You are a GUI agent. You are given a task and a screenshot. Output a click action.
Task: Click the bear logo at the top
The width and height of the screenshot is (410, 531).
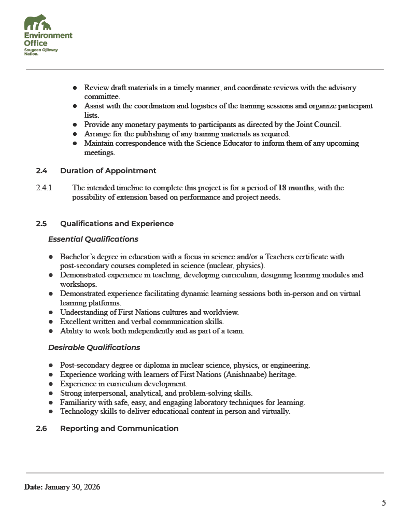pos(38,23)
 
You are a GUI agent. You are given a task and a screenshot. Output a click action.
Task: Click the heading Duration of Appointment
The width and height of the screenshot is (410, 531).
pos(108,171)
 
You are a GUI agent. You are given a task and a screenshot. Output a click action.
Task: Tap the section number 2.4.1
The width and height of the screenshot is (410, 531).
pos(44,188)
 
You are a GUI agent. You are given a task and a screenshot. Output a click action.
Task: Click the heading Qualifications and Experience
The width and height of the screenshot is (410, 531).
pos(117,223)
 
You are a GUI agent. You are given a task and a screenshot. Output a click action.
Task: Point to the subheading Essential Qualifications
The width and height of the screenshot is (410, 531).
pos(93,239)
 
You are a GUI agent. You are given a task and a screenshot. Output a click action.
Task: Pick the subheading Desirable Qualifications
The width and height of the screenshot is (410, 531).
pos(94,347)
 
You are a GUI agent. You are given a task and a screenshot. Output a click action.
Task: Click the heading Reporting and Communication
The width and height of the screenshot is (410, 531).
pos(119,428)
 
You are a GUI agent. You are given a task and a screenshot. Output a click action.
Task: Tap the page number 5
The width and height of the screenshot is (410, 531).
pos(384,502)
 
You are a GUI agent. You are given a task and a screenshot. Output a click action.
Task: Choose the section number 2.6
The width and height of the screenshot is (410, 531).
pos(41,428)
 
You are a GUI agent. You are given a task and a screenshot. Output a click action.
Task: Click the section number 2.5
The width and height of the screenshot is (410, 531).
pos(41,223)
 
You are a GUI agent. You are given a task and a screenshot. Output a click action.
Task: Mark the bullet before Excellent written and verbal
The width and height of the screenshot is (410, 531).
pos(51,322)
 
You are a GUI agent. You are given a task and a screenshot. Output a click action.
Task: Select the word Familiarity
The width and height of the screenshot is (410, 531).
pos(78,402)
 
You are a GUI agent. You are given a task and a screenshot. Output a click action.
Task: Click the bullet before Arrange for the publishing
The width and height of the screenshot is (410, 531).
pos(75,134)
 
